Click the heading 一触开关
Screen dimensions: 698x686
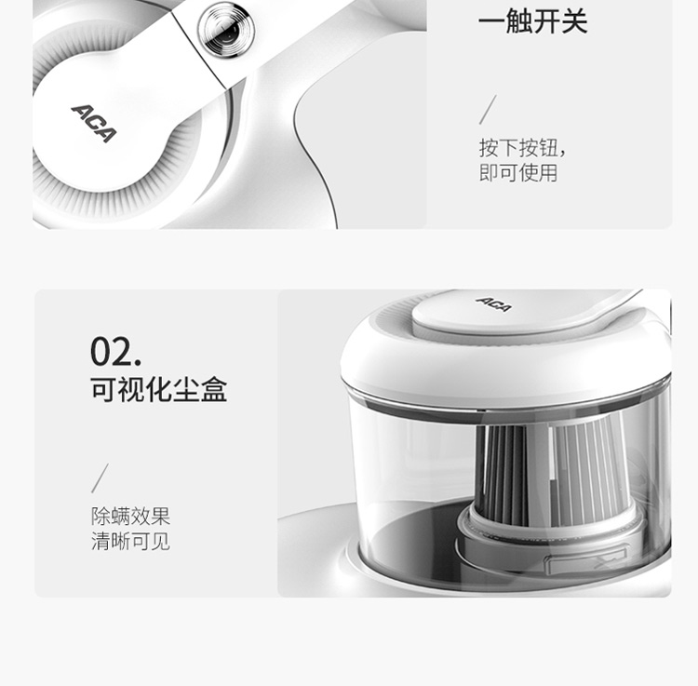click(x=532, y=20)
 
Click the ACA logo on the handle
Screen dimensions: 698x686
click(x=93, y=123)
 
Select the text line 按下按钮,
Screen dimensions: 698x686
click(x=522, y=148)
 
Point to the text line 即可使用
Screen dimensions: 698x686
click(x=518, y=173)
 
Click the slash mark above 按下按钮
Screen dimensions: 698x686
click(x=488, y=110)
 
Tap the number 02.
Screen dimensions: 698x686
click(x=115, y=352)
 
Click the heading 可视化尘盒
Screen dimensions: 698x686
click(x=159, y=389)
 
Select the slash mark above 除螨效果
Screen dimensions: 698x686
click(x=100, y=478)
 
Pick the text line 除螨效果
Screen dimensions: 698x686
click(x=131, y=517)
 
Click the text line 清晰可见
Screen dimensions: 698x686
click(x=131, y=542)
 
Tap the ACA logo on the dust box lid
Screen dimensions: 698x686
click(x=493, y=304)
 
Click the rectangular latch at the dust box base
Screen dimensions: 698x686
click(x=585, y=563)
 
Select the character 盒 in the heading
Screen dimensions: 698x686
click(x=214, y=389)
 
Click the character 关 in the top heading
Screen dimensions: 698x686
click(x=574, y=20)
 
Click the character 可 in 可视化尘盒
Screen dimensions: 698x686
click(x=104, y=389)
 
